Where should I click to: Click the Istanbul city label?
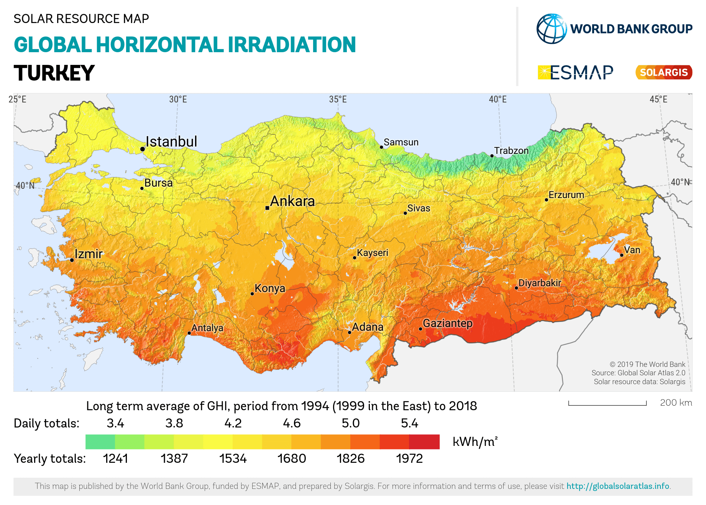[171, 142]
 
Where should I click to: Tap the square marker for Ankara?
[267, 208]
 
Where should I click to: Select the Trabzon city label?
[511, 151]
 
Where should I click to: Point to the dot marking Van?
[622, 255]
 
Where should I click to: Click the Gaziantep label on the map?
[447, 323]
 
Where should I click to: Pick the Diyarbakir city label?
[539, 283]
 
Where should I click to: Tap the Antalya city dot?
[189, 333]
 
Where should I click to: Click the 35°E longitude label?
[338, 100]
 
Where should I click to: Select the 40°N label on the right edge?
[680, 182]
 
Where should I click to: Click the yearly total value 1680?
[292, 459]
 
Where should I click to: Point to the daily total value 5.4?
[409, 423]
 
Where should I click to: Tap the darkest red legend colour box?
[424, 442]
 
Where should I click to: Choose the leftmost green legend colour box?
[100, 442]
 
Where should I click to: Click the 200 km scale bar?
[607, 404]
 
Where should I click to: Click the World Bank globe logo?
[551, 29]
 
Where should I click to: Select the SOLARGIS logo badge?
[663, 73]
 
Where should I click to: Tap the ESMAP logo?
[575, 73]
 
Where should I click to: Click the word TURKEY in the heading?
[54, 73]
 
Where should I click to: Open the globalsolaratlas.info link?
[618, 486]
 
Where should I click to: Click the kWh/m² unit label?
[474, 442]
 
